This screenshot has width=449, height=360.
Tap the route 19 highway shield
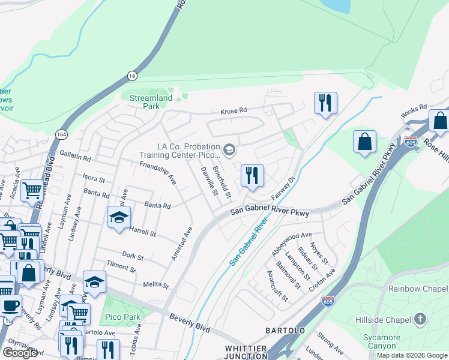pyautogui.click(x=131, y=76)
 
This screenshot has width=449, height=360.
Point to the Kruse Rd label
pyautogui.click(x=234, y=111)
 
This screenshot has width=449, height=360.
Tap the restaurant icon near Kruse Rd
pyautogui.click(x=325, y=103)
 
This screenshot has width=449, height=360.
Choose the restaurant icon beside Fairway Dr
pyautogui.click(x=252, y=176)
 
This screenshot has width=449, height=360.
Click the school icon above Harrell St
pyautogui.click(x=119, y=217)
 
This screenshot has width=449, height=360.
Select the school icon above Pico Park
pyautogui.click(x=95, y=281)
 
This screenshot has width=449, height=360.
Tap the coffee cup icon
pyautogui.click(x=10, y=305)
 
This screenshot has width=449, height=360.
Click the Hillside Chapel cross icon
pyautogui.click(x=420, y=319)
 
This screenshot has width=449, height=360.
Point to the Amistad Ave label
pyautogui.click(x=181, y=244)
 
